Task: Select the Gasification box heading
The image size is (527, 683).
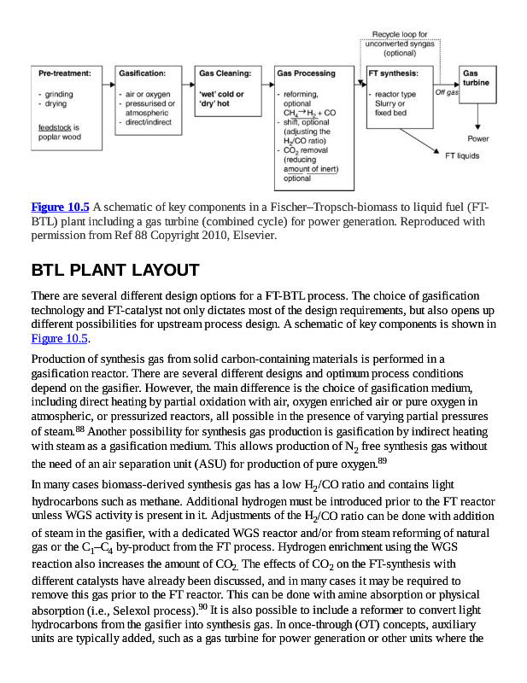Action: coord(142,73)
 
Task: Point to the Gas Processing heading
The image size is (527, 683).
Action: coord(305,73)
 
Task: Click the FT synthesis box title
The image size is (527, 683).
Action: coord(393,73)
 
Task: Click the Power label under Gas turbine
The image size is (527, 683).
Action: coord(478,138)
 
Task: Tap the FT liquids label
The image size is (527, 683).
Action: coord(462,156)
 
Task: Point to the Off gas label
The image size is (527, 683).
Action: coord(447,92)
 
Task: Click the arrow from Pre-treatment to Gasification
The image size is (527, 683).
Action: coord(108,85)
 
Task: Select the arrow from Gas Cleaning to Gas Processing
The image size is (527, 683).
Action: coord(266,85)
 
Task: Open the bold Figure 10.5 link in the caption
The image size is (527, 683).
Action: coord(60,207)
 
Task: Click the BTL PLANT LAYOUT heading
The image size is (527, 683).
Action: coord(114,271)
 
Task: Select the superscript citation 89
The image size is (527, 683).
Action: coord(382,460)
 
